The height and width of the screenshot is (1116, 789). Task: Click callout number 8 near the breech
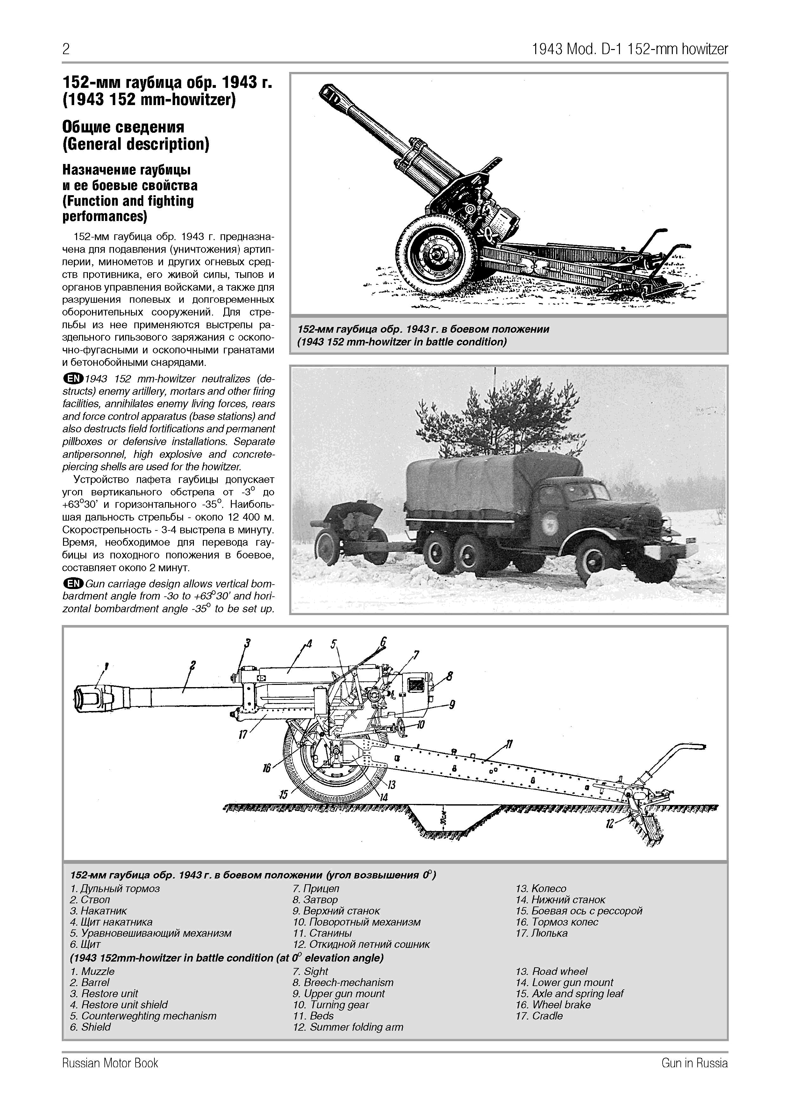[x=450, y=676]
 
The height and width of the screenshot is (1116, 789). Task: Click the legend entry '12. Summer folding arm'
[x=348, y=1027]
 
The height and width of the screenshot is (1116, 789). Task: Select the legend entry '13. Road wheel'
[x=551, y=972]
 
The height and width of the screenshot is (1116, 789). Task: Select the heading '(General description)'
[x=136, y=144]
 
